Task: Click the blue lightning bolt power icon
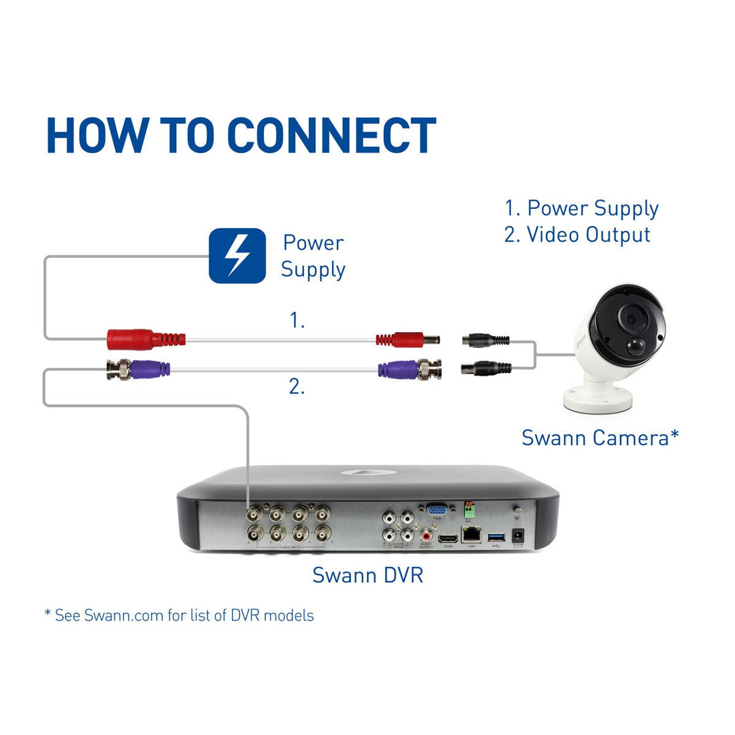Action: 237,255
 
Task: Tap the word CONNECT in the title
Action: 331,135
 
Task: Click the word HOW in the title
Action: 95,135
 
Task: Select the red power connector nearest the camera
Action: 407,338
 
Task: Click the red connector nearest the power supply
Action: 146,338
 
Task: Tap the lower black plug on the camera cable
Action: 487,368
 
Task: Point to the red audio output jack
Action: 427,535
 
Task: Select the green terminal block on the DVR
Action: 468,508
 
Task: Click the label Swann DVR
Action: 367,574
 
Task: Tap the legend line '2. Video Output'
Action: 577,235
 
